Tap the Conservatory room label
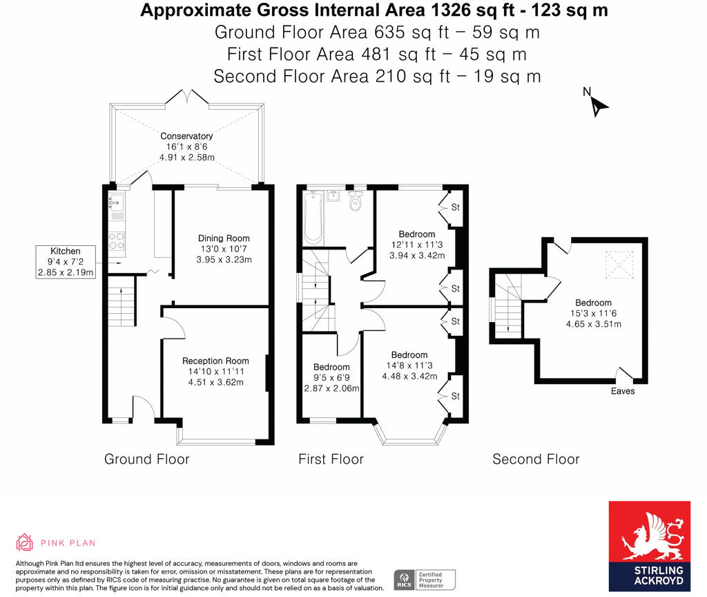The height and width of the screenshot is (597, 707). tap(186, 136)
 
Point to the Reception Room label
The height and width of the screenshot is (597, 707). tap(215, 360)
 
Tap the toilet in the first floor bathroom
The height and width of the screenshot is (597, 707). tap(356, 202)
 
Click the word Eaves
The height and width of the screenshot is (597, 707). tap(622, 391)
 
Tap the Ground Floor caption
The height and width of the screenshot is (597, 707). tap(146, 459)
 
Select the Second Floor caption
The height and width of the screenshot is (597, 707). tap(536, 459)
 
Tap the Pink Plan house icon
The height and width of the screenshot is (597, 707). tap(25, 542)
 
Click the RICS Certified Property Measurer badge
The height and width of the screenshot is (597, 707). tap(425, 580)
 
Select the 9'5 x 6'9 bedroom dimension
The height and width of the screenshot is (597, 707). tap(331, 388)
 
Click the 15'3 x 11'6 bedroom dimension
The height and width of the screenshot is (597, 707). tap(593, 313)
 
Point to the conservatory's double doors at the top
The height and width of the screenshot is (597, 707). tap(186, 99)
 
